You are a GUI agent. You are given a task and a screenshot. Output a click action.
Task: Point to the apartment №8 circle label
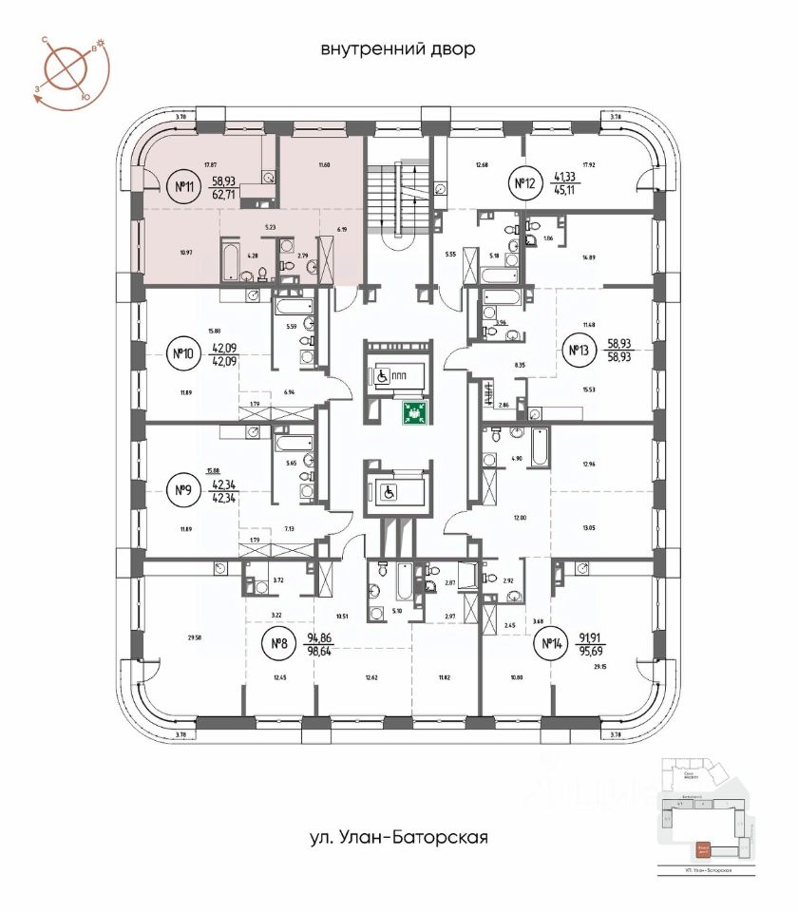(279, 647)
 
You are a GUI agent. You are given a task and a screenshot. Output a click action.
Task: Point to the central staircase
(398, 199)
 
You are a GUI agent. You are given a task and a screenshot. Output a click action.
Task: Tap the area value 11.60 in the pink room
(328, 165)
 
